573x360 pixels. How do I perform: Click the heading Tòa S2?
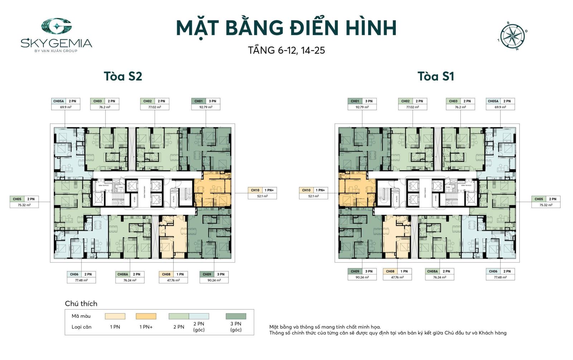[123, 76]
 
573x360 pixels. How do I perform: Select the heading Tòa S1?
[435, 76]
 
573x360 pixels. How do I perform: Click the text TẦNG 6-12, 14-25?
[286, 50]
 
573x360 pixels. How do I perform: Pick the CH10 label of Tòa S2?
[255, 190]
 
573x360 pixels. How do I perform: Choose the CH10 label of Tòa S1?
[306, 190]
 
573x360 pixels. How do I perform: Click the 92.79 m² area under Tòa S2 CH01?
[206, 107]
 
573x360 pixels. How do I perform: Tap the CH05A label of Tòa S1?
[493, 101]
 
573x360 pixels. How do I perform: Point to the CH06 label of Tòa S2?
[74, 274]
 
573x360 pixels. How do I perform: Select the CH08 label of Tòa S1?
[390, 272]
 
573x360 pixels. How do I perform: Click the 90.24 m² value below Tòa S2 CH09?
[214, 280]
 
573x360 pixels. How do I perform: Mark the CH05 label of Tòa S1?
[539, 199]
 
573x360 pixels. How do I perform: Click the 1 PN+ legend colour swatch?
[146, 316]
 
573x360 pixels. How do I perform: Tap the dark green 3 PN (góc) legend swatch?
[236, 316]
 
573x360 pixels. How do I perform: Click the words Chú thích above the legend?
[81, 303]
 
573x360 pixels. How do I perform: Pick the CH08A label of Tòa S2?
[123, 274]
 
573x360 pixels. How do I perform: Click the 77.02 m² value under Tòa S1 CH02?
[413, 107]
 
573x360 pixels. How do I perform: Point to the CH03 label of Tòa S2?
[97, 101]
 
